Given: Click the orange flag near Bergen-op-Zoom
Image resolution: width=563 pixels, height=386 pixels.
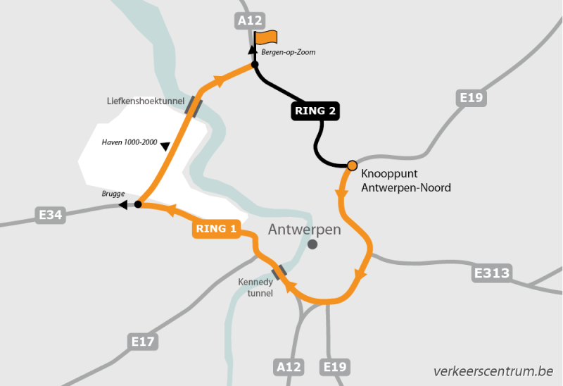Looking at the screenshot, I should (x=267, y=37).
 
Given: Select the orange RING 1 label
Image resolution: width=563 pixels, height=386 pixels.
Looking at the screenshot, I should (x=216, y=228).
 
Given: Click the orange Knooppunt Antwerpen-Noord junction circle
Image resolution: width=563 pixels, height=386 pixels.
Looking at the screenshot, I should (x=352, y=166).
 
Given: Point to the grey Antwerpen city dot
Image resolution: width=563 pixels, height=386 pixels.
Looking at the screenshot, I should (x=312, y=244).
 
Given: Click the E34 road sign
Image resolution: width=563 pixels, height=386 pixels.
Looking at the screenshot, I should (x=51, y=214).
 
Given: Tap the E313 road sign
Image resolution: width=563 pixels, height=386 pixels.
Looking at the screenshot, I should (x=492, y=273).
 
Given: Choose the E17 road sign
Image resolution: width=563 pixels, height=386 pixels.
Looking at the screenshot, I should (x=143, y=342).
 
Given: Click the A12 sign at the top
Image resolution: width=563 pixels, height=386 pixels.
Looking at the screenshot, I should (x=251, y=21).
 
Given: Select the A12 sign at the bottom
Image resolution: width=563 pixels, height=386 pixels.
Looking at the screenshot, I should (x=289, y=366).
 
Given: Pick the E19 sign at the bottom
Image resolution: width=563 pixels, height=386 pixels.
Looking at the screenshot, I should (x=334, y=366).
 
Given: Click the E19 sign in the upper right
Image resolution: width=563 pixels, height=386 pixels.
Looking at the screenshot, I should (x=471, y=97).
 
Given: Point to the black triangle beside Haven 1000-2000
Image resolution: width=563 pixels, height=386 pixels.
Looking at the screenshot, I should (x=165, y=147).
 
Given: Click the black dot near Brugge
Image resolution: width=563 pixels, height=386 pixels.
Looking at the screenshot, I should (x=138, y=204).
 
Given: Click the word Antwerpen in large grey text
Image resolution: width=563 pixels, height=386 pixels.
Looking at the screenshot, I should (x=305, y=229).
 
